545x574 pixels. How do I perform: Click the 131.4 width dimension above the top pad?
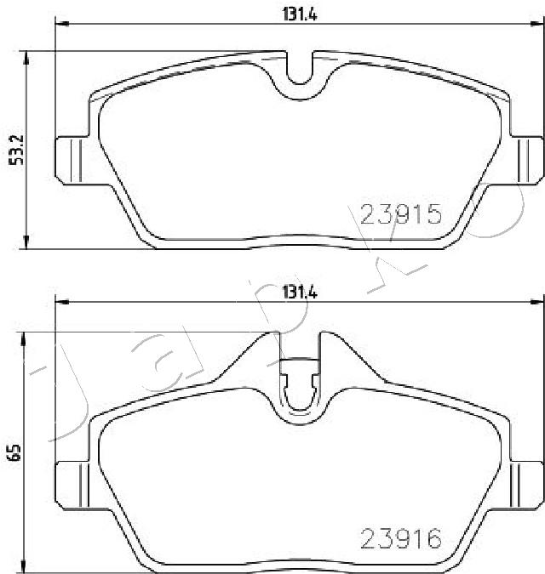click(300, 14)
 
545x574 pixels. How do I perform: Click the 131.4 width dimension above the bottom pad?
click(300, 293)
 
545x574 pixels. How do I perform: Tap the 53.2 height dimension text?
click(16, 150)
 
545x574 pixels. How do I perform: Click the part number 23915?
click(401, 214)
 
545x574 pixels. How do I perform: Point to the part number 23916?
click(401, 539)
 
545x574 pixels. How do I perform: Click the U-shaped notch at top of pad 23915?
click(300, 71)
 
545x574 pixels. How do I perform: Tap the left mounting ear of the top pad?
click(72, 161)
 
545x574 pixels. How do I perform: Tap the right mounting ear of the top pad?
click(526, 161)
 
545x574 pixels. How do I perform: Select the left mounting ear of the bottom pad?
click(72, 486)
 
